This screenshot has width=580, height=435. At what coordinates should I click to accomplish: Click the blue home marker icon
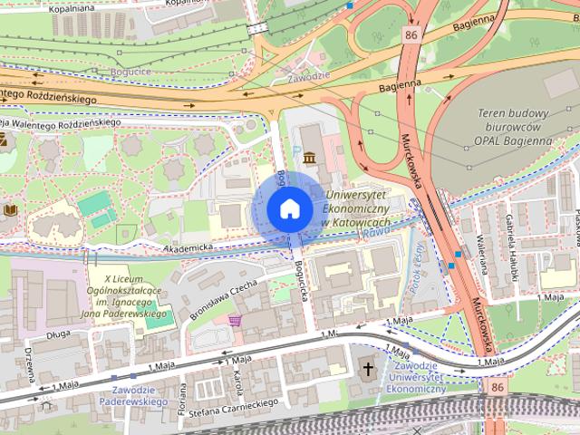[288, 208]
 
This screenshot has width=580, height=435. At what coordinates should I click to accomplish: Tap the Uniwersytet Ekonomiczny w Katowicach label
[356, 208]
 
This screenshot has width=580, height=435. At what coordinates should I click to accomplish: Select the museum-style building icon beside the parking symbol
[311, 159]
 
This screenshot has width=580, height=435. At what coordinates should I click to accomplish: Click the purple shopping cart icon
[235, 321]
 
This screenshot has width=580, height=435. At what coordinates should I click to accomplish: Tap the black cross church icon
[368, 368]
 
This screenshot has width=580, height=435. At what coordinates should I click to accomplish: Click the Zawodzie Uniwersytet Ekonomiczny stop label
[416, 381]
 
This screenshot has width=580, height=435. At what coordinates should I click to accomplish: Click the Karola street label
[237, 375]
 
